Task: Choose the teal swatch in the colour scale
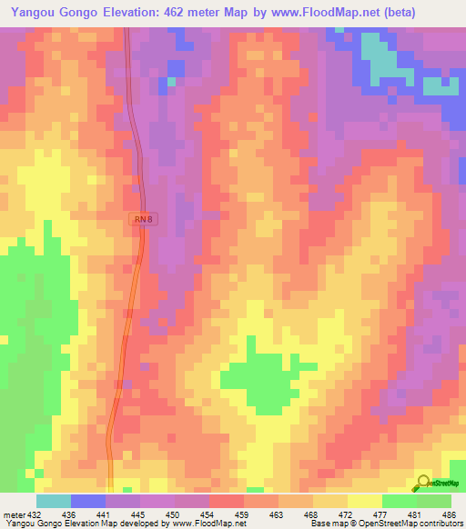click(x=53, y=501)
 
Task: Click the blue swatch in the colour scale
click(x=87, y=501)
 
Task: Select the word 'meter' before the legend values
click(x=13, y=514)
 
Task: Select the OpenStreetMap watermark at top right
click(x=440, y=88)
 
